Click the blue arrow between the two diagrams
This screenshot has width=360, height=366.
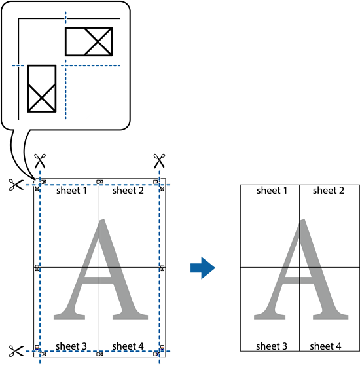pos(202,268)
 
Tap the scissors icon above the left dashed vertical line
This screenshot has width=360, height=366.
pos(40,161)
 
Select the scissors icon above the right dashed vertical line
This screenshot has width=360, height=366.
pos(159,161)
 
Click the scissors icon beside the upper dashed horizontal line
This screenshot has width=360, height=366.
pos(16,185)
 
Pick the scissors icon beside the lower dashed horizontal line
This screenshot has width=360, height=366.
pos(16,351)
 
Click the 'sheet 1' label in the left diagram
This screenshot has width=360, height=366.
pos(71,191)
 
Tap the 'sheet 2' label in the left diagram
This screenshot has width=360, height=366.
pos(128,191)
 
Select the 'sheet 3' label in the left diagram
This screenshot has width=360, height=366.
pos(71,346)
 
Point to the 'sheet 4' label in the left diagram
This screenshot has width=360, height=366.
pos(128,346)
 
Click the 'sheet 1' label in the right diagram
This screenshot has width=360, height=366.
pos(272,191)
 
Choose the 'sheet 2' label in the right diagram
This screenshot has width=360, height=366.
pos(329,191)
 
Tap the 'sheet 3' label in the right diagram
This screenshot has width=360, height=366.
pos(272,346)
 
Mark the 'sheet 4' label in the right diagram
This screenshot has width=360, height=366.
pos(325,346)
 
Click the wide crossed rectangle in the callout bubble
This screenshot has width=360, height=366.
pos(88,41)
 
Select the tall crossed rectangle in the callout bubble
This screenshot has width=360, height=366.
pos(42,88)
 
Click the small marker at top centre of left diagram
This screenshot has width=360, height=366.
pos(99,181)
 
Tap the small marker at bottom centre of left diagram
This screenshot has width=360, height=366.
pos(99,354)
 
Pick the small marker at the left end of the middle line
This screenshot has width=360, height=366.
pos(37,268)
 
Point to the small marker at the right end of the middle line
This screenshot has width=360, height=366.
pos(162,268)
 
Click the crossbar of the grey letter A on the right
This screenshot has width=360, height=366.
pos(298,280)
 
